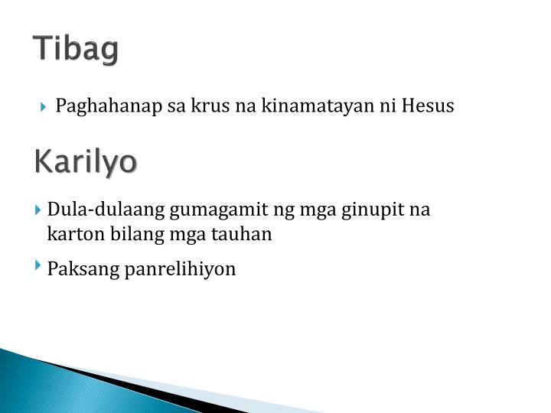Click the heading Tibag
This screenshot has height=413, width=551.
(x=77, y=50)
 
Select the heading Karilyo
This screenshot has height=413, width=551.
(x=86, y=162)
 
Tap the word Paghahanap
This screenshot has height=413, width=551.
(x=108, y=106)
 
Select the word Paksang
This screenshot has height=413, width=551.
(x=79, y=269)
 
